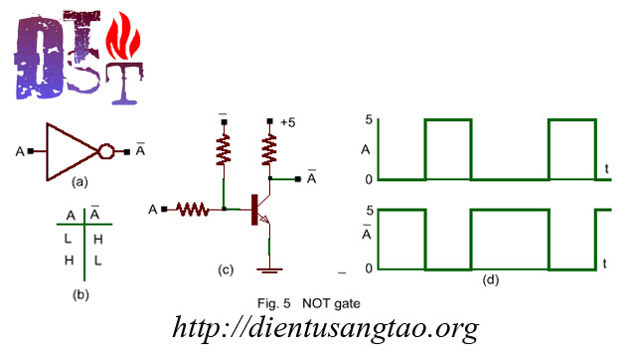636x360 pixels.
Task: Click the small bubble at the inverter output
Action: [x=105, y=151]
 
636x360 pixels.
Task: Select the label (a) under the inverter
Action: [x=81, y=184]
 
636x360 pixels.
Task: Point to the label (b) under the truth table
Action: [x=81, y=294]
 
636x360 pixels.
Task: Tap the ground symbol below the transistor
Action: [x=268, y=269]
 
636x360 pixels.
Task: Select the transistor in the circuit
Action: [x=260, y=209]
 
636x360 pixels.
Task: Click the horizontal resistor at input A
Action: [x=192, y=210]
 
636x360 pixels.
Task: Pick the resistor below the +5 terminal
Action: [x=269, y=150]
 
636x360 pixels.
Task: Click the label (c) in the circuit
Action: [x=226, y=269]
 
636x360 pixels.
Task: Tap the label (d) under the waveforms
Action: [x=490, y=278]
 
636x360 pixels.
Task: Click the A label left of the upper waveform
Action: [x=366, y=151]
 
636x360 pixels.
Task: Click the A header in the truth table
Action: [x=71, y=215]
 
